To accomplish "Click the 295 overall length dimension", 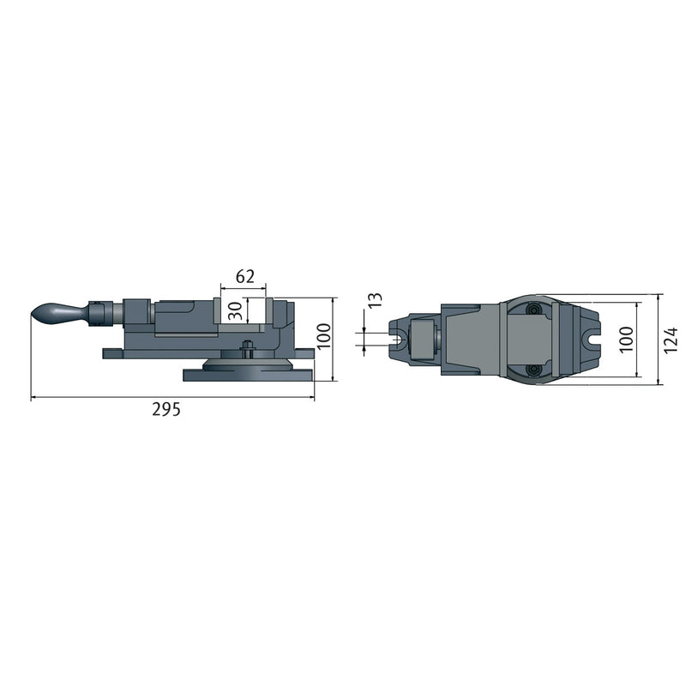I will pos(166,410).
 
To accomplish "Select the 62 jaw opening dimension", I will pos(244,276).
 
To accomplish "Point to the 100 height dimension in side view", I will pos(321,339).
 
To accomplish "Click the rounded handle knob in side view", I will pos(56,313).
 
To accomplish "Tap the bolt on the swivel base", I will pos(247,350).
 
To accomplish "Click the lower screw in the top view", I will pos(534,370).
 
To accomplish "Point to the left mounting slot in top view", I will pos(400,340).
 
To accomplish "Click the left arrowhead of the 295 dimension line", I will pos(34,398).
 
